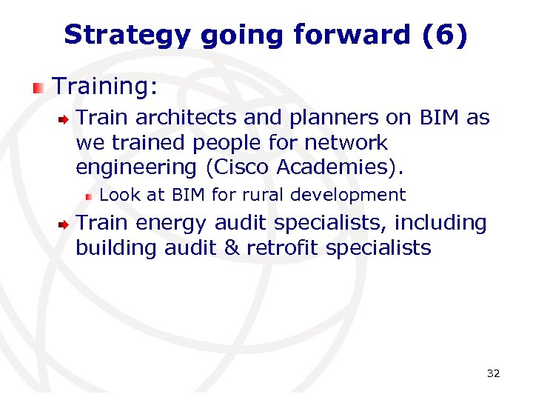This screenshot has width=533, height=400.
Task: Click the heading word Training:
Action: (x=105, y=87)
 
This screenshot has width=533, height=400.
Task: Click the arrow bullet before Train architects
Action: (x=65, y=119)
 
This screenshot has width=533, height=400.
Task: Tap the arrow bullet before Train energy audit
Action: (x=65, y=224)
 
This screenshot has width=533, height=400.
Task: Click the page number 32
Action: (x=493, y=373)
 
